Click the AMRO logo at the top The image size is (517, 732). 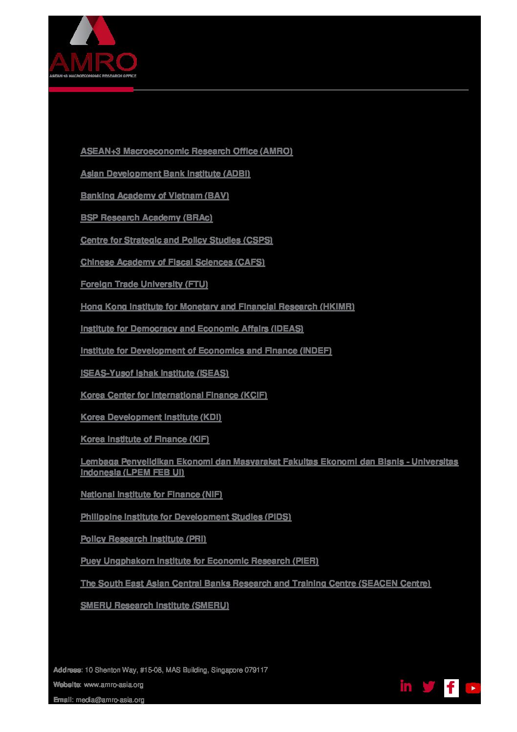[93, 47]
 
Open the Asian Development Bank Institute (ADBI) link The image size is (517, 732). [165, 174]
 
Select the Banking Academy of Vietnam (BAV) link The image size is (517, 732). [154, 196]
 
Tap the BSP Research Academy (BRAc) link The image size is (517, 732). [146, 218]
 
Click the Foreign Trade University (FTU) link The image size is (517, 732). [144, 284]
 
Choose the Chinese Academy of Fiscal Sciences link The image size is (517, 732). [172, 262]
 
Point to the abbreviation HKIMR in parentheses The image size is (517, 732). [337, 307]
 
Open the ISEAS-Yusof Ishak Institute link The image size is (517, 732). [154, 373]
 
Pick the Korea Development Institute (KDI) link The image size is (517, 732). [151, 417]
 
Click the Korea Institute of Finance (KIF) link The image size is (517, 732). [145, 439]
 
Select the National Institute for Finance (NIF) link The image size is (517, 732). [151, 494]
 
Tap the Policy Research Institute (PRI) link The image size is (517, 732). [143, 539]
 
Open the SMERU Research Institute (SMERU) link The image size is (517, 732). [154, 605]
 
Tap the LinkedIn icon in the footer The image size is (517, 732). [406, 686]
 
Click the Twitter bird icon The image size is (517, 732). [429, 687]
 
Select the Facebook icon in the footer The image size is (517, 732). [451, 688]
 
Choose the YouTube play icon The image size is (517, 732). [473, 688]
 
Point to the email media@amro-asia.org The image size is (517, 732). [110, 700]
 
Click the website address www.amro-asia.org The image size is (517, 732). [113, 685]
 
